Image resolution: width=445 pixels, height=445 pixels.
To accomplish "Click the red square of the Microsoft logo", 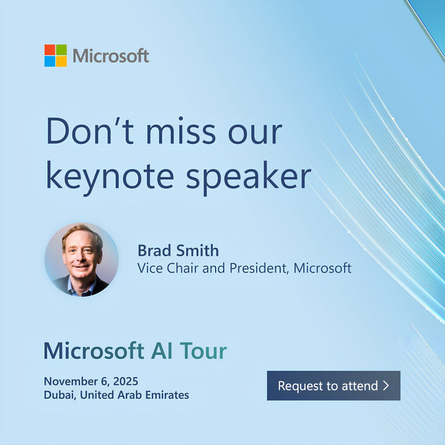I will (50, 50).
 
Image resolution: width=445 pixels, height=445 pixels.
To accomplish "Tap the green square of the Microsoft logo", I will (62, 50).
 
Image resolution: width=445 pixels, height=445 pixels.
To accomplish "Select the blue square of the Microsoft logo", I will (50, 62).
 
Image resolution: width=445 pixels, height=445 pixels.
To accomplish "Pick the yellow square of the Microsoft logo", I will (62, 62).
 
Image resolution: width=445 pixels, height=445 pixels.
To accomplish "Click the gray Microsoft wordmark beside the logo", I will (111, 56).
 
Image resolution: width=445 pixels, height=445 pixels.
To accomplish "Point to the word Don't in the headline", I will (89, 132).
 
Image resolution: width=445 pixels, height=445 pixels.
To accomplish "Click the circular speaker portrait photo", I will (82, 260).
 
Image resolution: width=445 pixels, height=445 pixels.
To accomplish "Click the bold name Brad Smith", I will (178, 251).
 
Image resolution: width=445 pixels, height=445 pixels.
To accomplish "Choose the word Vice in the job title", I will (150, 268).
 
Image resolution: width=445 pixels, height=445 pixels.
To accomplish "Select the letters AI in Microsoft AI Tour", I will (162, 351).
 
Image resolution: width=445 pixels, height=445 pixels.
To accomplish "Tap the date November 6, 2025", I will (91, 381).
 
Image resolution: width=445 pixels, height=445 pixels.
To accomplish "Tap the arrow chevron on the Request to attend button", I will (386, 386).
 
